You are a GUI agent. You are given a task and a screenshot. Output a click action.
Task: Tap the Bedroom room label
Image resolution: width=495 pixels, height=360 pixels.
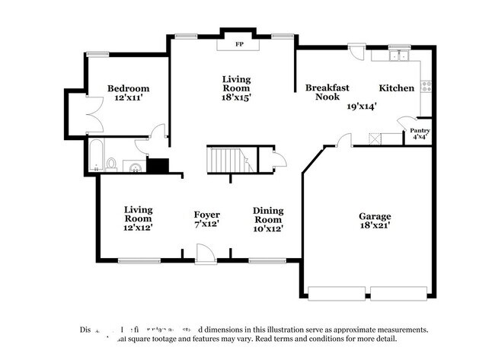[128, 88]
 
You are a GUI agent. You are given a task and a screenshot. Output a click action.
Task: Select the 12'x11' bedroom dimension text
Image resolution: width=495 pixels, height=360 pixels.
[128, 99]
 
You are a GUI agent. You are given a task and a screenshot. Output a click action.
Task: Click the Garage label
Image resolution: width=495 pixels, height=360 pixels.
[375, 216]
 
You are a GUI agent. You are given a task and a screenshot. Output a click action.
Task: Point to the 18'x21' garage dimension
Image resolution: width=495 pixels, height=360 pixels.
[375, 227]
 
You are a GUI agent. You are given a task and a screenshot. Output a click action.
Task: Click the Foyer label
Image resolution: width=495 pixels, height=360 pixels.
[207, 215]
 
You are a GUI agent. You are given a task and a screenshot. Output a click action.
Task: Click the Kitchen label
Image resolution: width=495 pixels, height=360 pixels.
[397, 88]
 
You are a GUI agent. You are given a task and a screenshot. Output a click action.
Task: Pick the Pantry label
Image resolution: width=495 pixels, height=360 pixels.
[421, 131]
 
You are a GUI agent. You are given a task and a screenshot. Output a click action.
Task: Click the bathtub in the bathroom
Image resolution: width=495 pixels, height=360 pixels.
[96, 156]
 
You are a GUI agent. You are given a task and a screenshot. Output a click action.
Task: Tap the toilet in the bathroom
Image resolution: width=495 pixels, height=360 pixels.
[112, 163]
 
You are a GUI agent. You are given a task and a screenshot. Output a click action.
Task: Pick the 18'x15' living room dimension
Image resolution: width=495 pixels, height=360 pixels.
[236, 97]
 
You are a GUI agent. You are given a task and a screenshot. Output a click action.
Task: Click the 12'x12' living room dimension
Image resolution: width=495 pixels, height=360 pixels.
[139, 227]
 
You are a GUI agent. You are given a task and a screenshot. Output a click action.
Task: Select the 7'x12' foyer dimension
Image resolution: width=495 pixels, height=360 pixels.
[207, 226]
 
